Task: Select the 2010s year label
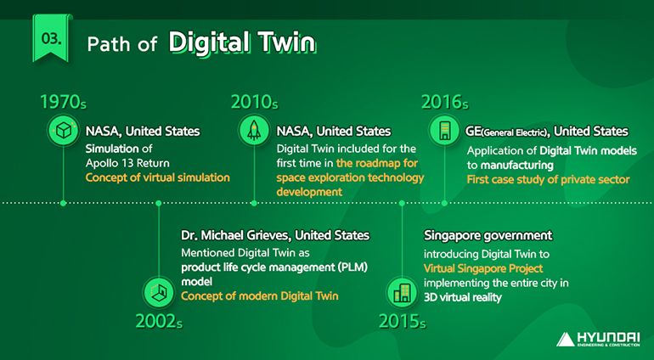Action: point(254,103)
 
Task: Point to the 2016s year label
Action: point(444,103)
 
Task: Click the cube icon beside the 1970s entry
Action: point(63,132)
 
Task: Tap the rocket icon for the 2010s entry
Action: point(254,132)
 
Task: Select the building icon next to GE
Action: point(444,132)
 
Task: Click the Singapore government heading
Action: point(488,235)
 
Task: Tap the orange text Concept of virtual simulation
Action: point(157,177)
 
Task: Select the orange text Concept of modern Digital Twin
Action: point(260,296)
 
